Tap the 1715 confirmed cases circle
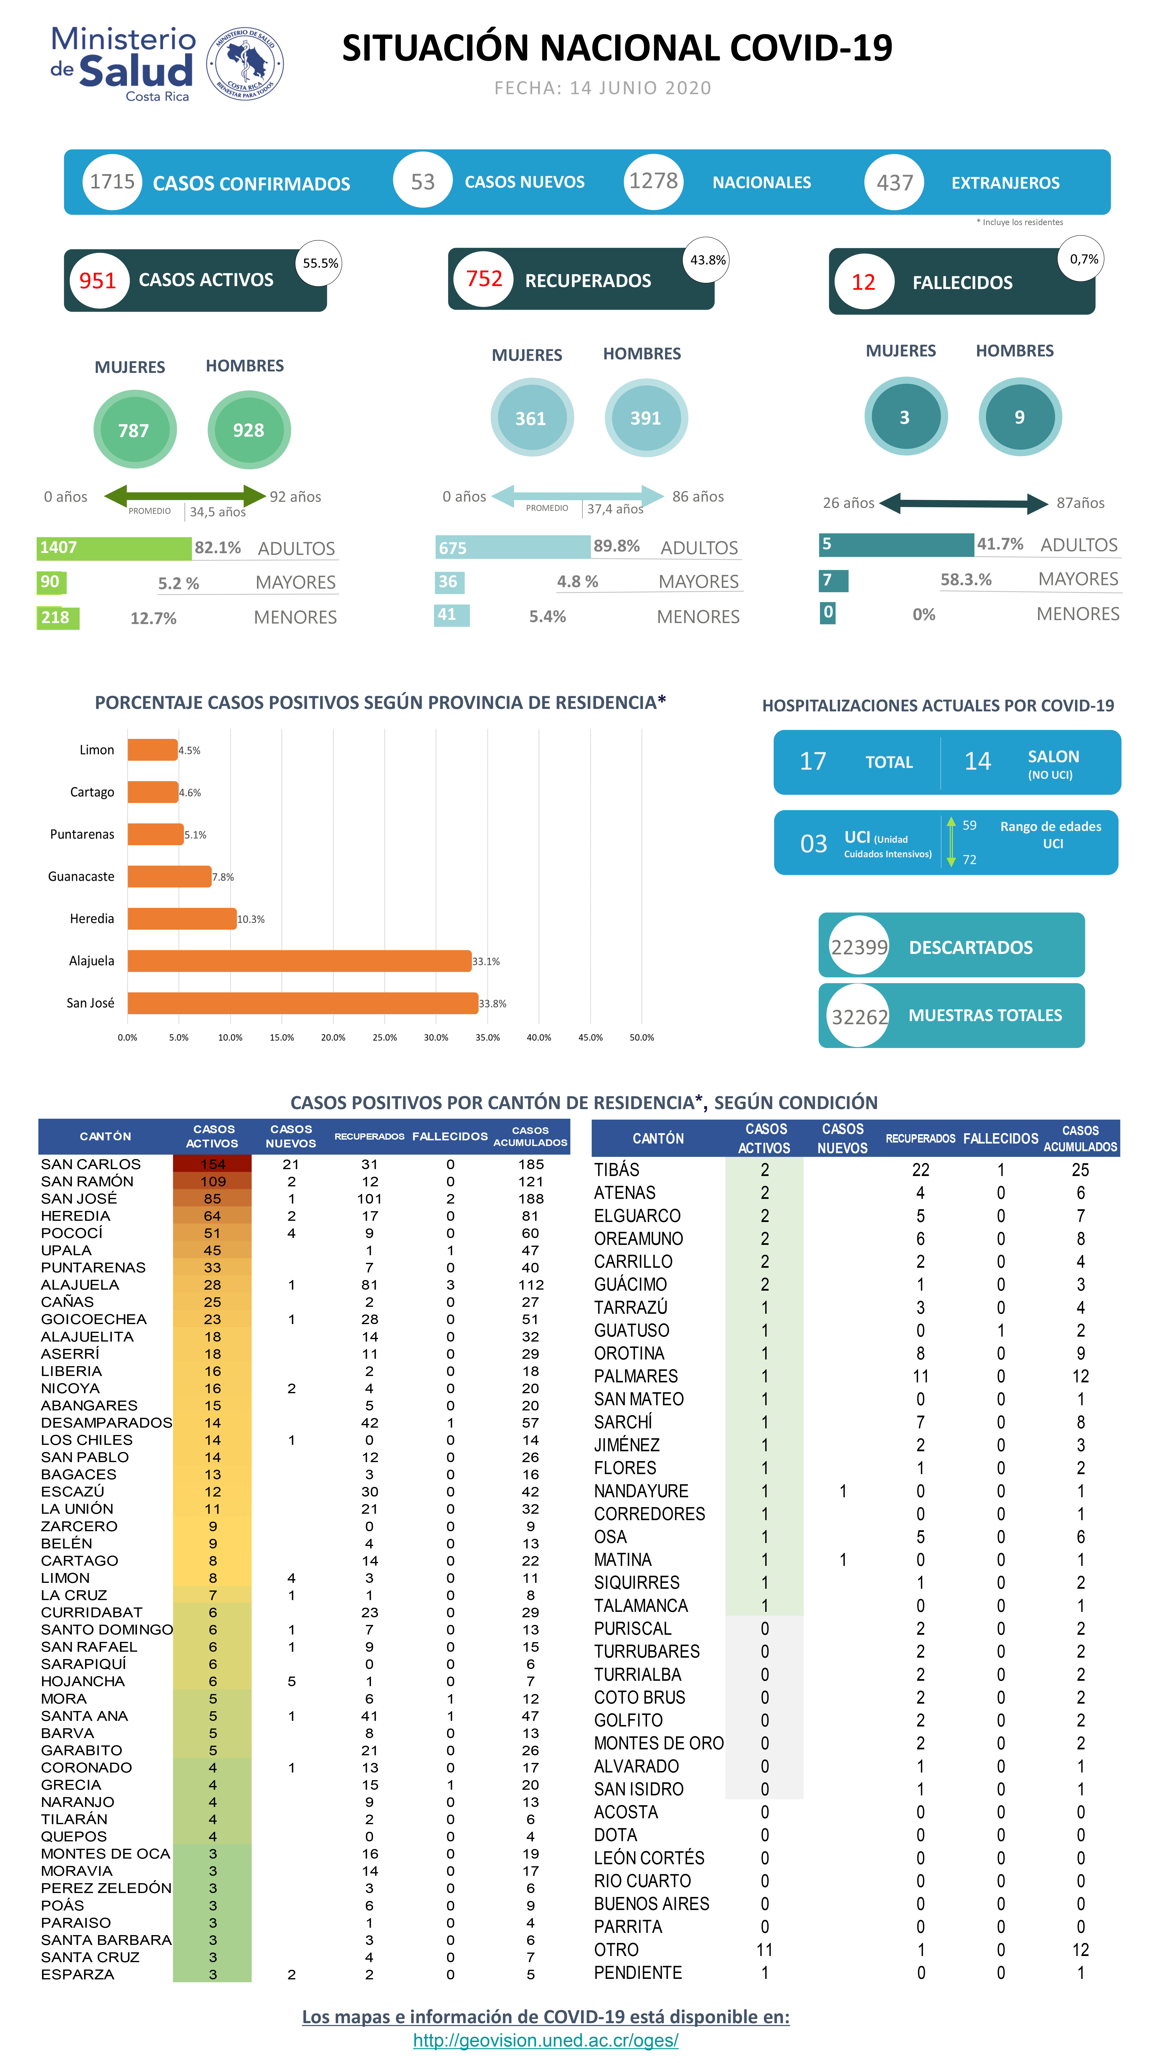112,182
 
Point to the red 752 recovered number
484,279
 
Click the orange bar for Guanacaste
169,876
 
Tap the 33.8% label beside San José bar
493,1004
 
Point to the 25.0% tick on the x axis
384,1037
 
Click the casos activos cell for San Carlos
212,1164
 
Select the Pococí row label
72,1233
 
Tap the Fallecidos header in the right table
1000,1138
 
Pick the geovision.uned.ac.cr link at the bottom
545,2040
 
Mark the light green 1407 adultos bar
114,548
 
